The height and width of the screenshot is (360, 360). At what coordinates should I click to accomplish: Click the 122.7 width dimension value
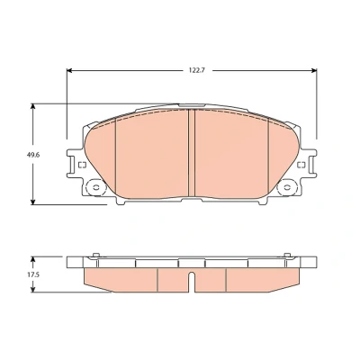(196, 70)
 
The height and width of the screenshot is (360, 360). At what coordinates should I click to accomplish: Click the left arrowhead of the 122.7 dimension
(69, 70)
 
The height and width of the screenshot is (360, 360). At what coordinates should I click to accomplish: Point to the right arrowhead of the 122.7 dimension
(314, 70)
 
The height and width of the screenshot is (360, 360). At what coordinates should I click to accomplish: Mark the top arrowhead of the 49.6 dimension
(33, 107)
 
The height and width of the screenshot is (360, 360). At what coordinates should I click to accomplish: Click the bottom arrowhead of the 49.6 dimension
(33, 202)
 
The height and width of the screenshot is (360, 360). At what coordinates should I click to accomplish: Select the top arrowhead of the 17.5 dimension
(33, 259)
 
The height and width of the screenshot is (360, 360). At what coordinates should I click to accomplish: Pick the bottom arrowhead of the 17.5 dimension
(33, 289)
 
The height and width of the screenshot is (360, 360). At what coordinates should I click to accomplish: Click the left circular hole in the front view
(96, 188)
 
